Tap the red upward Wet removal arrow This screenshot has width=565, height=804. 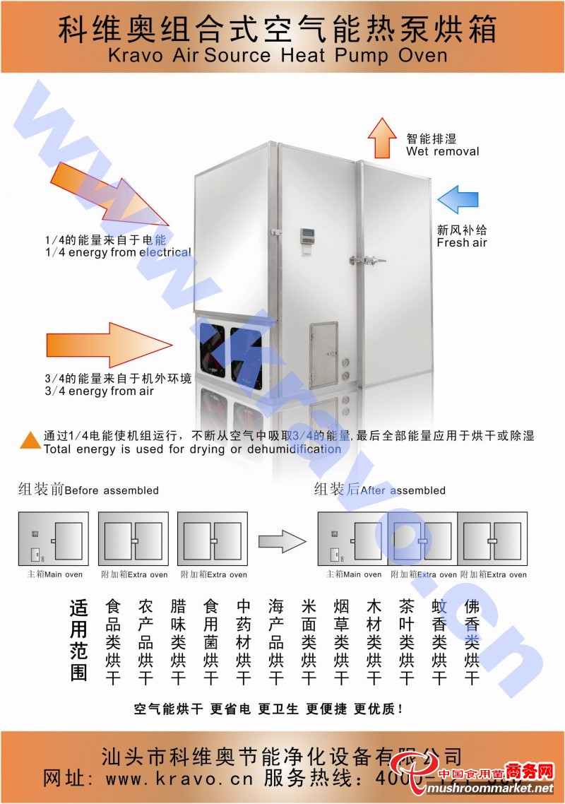(383, 138)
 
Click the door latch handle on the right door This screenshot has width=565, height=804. (373, 260)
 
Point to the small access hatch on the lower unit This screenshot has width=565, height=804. (323, 354)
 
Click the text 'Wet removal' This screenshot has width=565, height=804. (442, 151)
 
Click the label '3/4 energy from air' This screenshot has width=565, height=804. (99, 391)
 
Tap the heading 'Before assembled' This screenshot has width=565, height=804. (112, 490)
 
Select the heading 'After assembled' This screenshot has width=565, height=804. (403, 490)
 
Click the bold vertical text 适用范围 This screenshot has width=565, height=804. (78, 640)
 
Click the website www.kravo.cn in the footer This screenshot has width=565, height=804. (182, 779)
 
